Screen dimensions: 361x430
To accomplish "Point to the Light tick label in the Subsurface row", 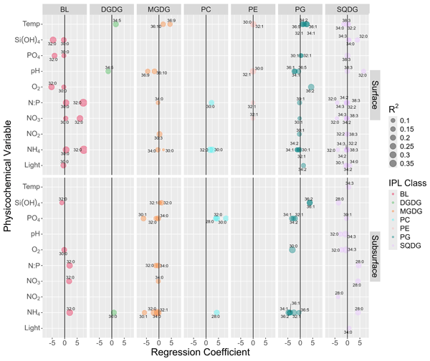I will pos(32,327).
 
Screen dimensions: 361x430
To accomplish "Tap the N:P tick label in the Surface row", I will pos(32,102).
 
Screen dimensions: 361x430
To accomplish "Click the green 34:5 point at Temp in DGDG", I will pos(115,24).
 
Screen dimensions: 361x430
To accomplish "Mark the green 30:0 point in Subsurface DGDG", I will pos(113,312).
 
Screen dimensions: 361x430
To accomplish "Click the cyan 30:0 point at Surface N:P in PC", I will pos(211,103).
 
